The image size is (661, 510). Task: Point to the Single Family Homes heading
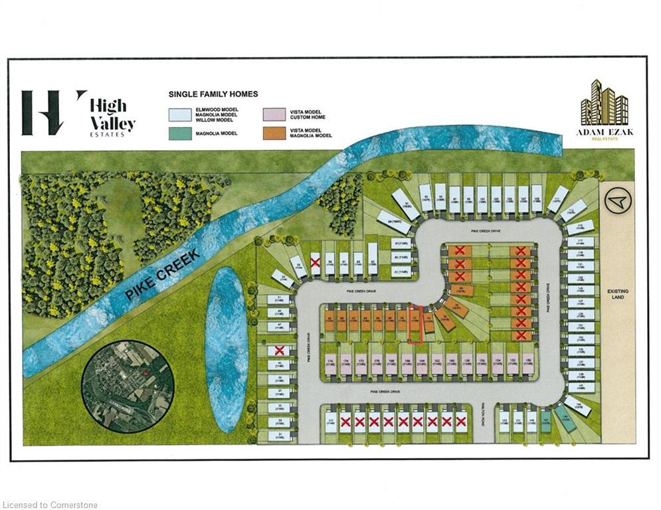213,94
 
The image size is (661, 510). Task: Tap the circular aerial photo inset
128,385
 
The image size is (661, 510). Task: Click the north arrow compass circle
617,200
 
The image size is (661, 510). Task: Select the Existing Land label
617,296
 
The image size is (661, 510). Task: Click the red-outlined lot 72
415,324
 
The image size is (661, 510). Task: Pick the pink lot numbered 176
330,362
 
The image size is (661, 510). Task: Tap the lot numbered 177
331,422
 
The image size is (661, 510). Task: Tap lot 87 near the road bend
400,243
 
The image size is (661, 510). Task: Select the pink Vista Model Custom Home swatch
276,114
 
